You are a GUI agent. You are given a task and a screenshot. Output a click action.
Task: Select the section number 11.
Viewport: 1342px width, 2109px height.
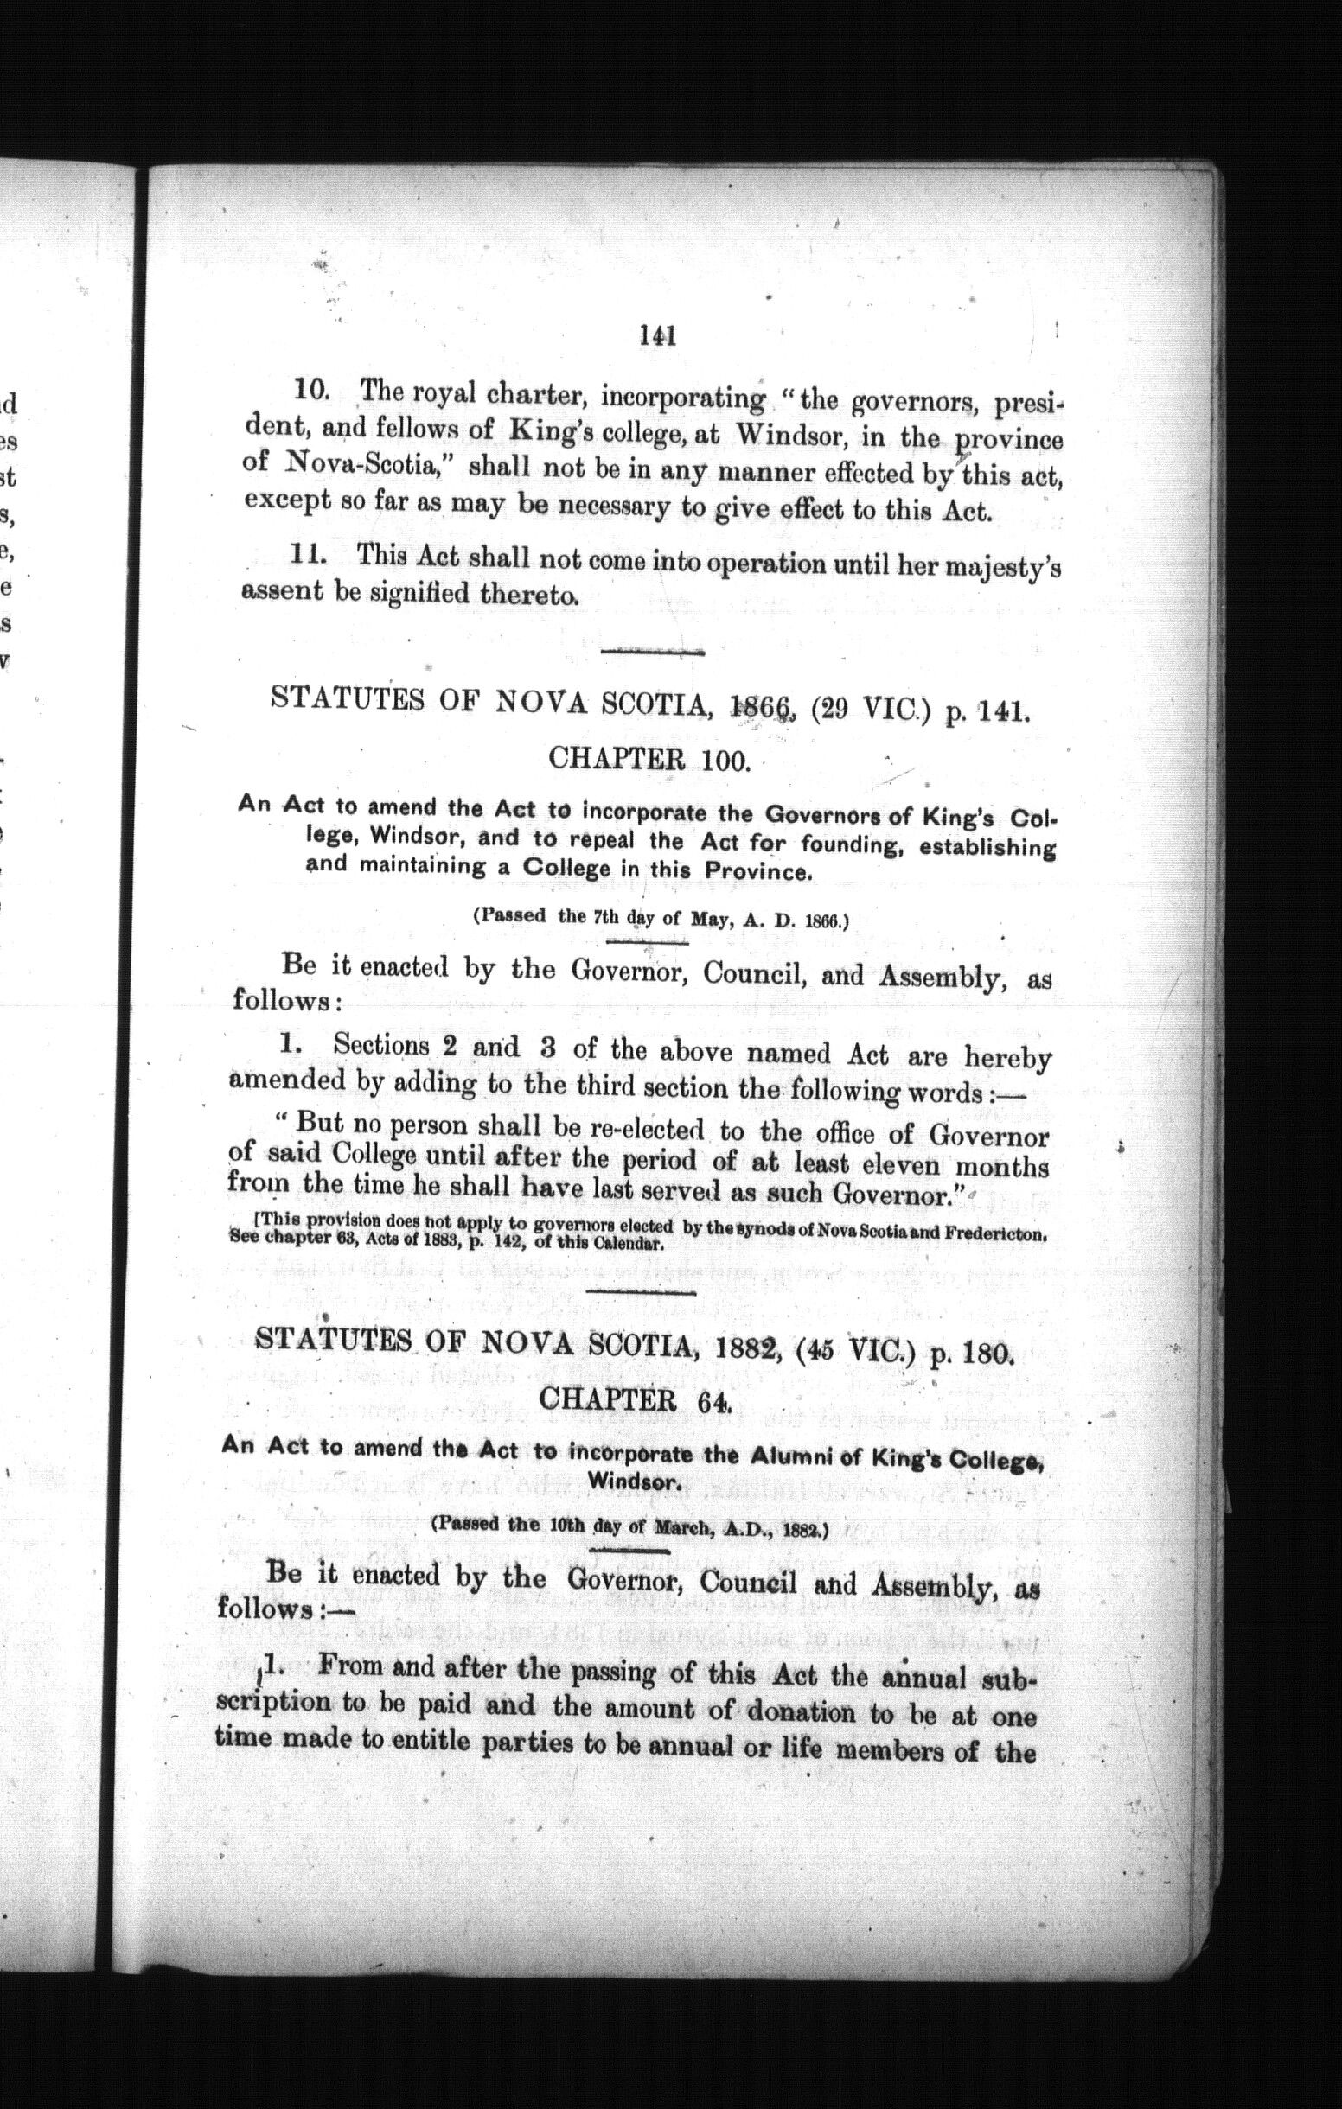pos(309,554)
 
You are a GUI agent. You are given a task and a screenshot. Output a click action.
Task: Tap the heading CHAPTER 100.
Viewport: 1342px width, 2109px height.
pos(649,757)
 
